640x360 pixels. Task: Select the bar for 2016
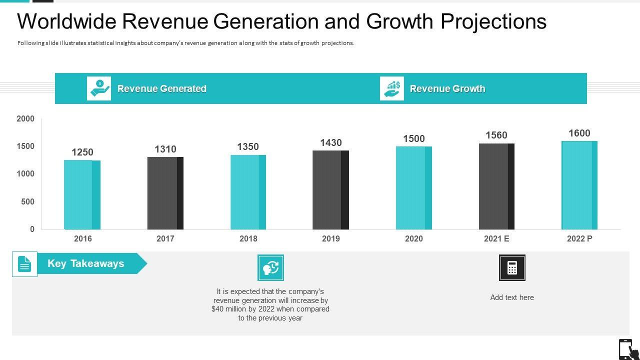click(82, 194)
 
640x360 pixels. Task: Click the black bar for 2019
click(330, 190)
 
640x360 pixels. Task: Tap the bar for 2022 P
click(579, 185)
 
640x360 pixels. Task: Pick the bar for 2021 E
click(496, 186)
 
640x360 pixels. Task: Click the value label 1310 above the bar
click(165, 149)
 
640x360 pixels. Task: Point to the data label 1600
click(579, 133)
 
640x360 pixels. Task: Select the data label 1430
click(331, 142)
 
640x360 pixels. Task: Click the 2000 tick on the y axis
click(25, 118)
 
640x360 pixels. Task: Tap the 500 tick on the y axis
click(28, 201)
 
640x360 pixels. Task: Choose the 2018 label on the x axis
click(248, 238)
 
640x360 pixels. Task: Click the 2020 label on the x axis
click(413, 238)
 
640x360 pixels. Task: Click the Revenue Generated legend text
click(161, 88)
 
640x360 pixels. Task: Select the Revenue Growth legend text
click(447, 88)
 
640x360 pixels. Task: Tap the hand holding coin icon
click(99, 88)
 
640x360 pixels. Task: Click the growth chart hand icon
click(392, 88)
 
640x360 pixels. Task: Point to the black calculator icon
click(512, 267)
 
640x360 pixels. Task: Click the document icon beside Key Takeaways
click(24, 264)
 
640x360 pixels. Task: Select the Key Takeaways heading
click(86, 263)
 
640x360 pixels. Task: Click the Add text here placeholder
click(512, 297)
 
